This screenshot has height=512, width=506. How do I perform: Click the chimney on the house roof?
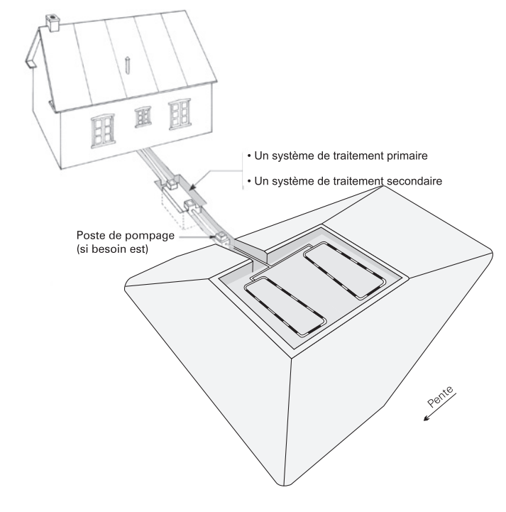53,23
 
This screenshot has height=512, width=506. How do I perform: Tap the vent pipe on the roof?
128,65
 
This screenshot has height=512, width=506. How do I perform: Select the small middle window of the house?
143,117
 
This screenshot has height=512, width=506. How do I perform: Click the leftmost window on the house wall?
103,131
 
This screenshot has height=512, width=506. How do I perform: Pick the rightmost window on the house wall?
180,114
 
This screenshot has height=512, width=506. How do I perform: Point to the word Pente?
440,396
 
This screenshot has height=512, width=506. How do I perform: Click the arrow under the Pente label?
439,407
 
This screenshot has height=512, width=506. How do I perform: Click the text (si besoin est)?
113,249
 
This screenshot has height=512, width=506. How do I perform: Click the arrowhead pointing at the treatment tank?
192,187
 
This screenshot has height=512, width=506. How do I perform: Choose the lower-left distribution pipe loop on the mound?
285,307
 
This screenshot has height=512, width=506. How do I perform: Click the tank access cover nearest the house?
170,184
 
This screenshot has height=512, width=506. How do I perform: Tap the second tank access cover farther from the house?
191,205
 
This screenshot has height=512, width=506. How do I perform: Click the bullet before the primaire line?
249,156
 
